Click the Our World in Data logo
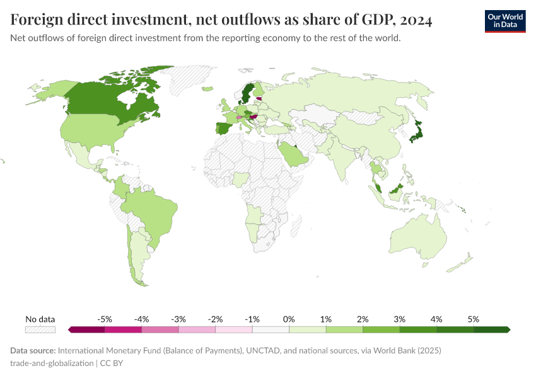point(504,21)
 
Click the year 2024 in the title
point(416,21)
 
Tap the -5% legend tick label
point(105,319)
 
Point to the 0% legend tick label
point(289,319)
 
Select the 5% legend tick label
point(474,319)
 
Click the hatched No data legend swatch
point(40,329)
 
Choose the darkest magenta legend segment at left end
point(87,329)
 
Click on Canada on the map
point(107,98)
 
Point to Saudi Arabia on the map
point(294,154)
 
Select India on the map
point(344,161)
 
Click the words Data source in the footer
point(32,350)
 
